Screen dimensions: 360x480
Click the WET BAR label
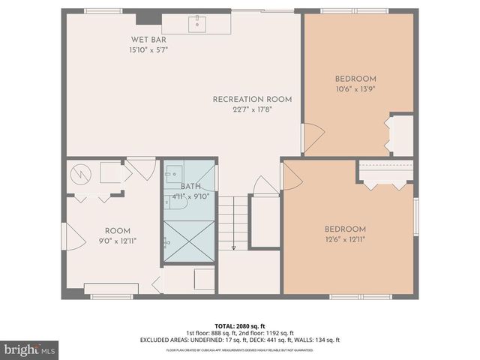(x=148, y=40)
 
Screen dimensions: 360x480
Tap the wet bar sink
(x=199, y=25)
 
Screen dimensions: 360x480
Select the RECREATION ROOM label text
(x=252, y=99)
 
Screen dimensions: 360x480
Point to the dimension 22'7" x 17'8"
(x=252, y=109)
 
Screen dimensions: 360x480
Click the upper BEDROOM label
(x=355, y=79)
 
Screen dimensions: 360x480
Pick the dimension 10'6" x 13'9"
(x=355, y=89)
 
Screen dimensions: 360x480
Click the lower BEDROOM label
(x=345, y=229)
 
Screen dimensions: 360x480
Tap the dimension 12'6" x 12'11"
(x=345, y=240)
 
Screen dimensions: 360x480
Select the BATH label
(x=190, y=186)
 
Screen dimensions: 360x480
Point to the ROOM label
(x=117, y=230)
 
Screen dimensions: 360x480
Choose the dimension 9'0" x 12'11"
(x=117, y=241)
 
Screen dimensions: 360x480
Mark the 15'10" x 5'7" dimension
(x=148, y=50)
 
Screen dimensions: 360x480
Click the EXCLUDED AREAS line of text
(x=239, y=340)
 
